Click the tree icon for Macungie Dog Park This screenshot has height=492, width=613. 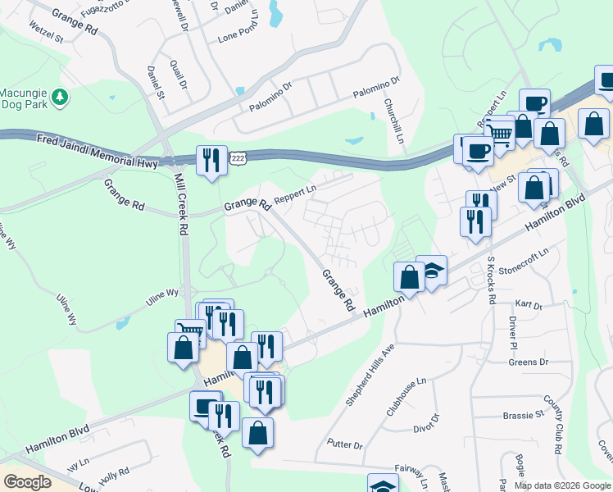pos(59,98)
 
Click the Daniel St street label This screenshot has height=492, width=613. pos(156,84)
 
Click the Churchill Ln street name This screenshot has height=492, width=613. pos(394,121)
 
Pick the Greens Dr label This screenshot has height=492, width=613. pos(528,362)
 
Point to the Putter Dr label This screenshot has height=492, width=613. pos(344,444)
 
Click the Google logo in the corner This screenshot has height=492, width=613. pos(27,481)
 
